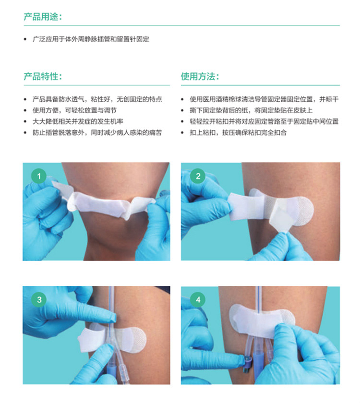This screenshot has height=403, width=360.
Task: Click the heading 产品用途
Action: pos(43,17)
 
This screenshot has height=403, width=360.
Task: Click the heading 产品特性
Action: pos(43,76)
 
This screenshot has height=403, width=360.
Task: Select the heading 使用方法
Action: pos(200,76)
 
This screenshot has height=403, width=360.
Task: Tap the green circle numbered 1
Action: pos(39,176)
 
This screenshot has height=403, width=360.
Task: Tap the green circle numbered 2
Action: pos(198,176)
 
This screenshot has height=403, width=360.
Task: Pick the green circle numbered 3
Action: pos(39,300)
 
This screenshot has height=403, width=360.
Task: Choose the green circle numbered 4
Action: pos(198,300)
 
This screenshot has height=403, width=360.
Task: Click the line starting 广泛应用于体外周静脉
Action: pos(91,39)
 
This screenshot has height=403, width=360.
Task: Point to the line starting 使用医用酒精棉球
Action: pos(264,99)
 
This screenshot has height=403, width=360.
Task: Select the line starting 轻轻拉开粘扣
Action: pos(264,121)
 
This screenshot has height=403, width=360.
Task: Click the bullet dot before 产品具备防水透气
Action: pos(25,99)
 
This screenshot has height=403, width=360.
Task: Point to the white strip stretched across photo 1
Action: pos(103,204)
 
